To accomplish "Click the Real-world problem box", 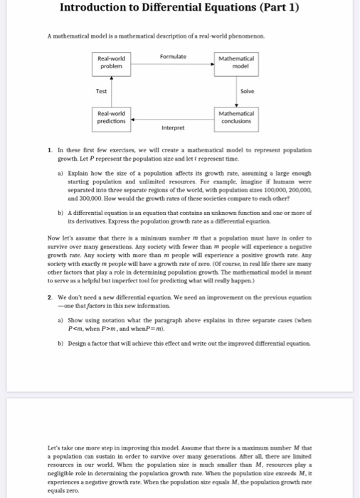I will point(114,65).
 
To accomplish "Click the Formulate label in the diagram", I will point(174,56).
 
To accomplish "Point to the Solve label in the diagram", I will point(247,91).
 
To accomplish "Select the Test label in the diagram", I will point(102,91).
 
